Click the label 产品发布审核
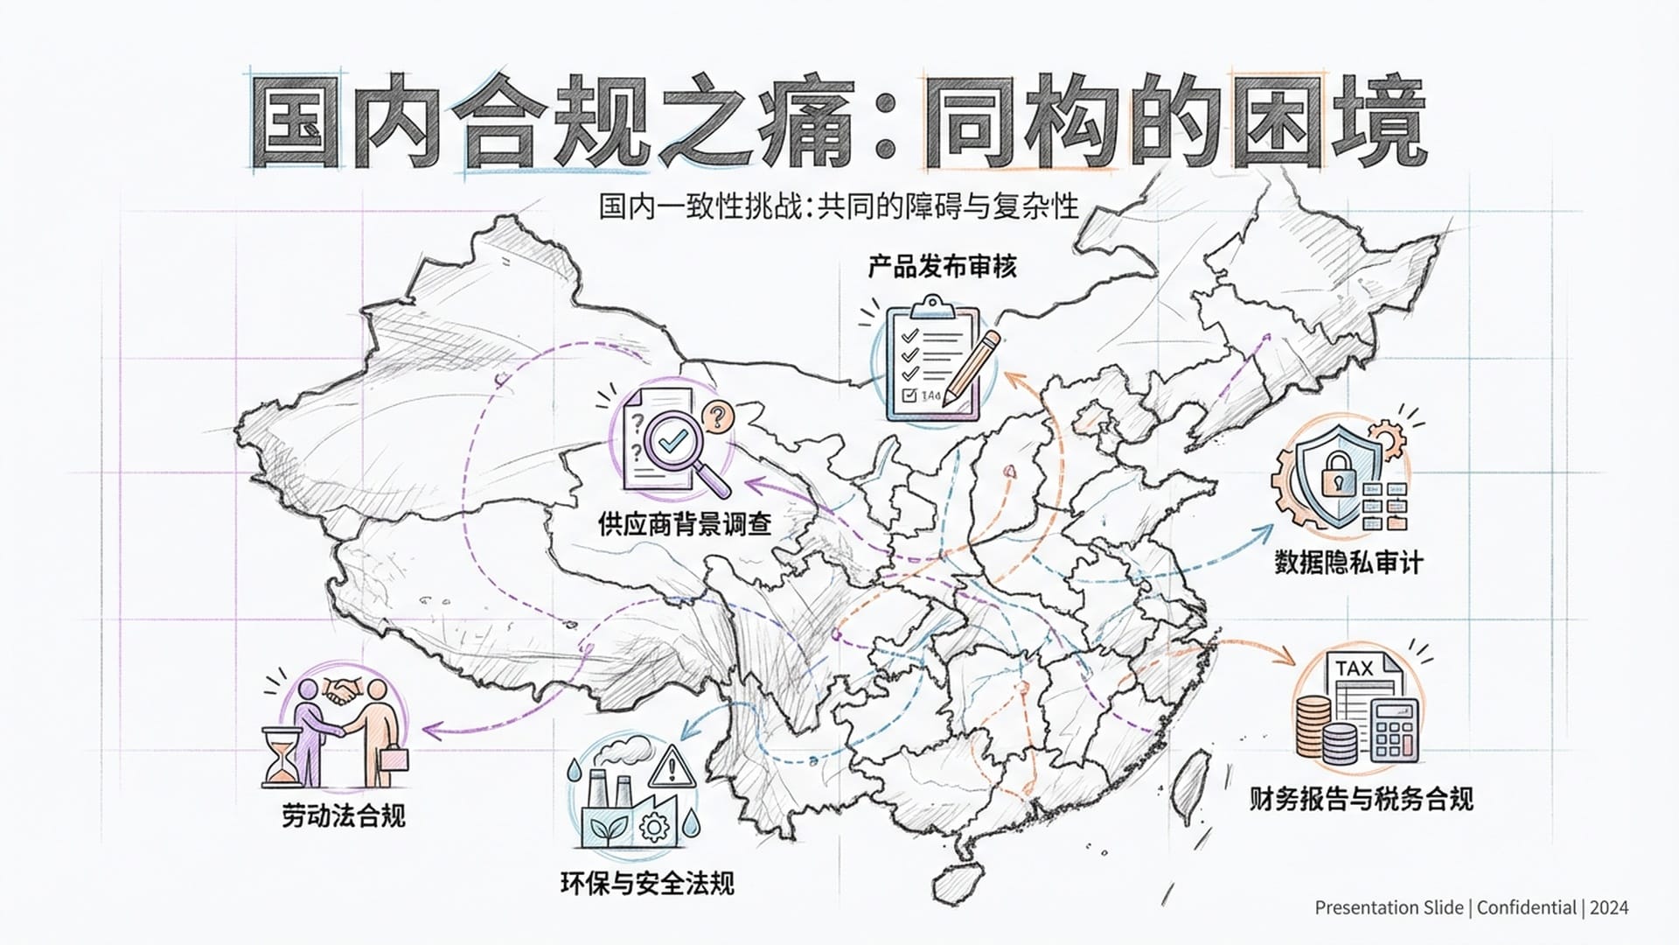pyautogui.click(x=942, y=266)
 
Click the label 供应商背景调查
pyautogui.click(x=685, y=524)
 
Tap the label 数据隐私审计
pyautogui.click(x=1348, y=562)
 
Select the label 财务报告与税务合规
pyautogui.click(x=1361, y=799)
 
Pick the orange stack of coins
pyautogui.click(x=1313, y=725)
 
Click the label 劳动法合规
pyautogui.click(x=344, y=815)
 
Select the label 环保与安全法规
pyautogui.click(x=647, y=883)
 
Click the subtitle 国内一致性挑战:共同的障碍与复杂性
pyautogui.click(x=839, y=207)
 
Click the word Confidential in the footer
pyautogui.click(x=1527, y=907)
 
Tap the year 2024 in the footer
pyautogui.click(x=1609, y=907)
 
